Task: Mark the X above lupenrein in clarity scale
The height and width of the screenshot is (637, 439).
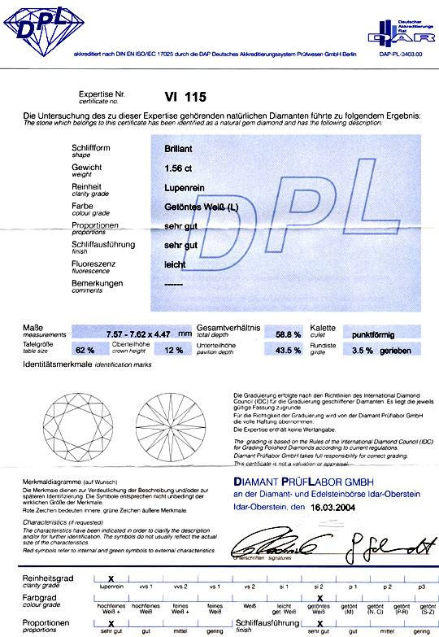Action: pyautogui.click(x=111, y=577)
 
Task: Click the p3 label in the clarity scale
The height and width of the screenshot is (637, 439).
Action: pyautogui.click(x=421, y=586)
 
